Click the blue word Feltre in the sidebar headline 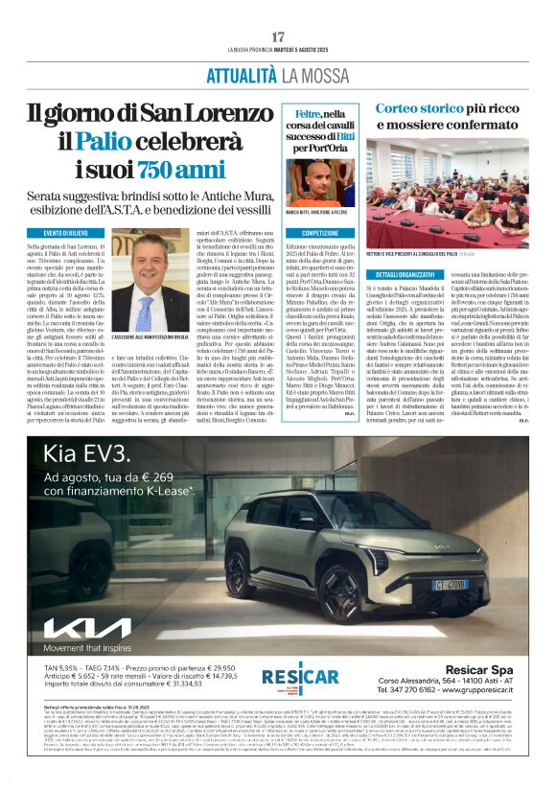pos(308,113)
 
